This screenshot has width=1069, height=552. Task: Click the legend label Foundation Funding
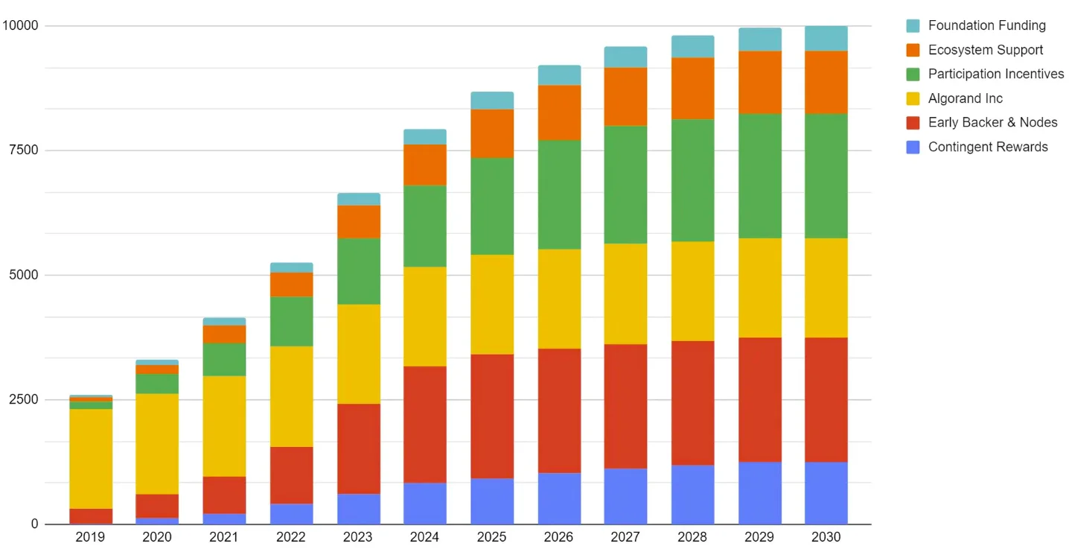[x=986, y=25]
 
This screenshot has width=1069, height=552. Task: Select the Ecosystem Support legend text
[x=985, y=50]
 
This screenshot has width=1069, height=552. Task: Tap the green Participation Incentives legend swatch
[x=913, y=74]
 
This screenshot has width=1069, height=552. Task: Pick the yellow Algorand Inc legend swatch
[x=913, y=98]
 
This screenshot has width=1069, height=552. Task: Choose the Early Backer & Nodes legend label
[x=992, y=122]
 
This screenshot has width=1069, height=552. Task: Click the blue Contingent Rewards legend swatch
[x=913, y=147]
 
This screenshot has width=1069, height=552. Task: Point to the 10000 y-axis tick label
[x=20, y=26]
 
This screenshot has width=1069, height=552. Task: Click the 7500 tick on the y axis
[x=23, y=150]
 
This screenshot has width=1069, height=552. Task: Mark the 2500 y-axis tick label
[x=23, y=400]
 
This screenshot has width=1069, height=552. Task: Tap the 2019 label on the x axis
[x=90, y=537]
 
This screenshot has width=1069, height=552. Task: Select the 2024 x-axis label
[x=424, y=537]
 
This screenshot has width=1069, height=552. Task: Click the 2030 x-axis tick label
[x=826, y=537]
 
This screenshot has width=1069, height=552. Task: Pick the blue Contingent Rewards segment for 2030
[x=826, y=493]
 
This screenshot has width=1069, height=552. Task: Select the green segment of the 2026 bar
[x=558, y=194]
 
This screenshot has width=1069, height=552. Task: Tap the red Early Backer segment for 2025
[x=491, y=416]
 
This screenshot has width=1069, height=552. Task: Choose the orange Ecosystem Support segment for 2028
[x=692, y=88]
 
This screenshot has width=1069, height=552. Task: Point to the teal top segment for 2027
[x=625, y=57]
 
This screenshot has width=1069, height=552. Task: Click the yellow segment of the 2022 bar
[x=291, y=396]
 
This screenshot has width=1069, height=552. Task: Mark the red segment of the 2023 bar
[x=358, y=448]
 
